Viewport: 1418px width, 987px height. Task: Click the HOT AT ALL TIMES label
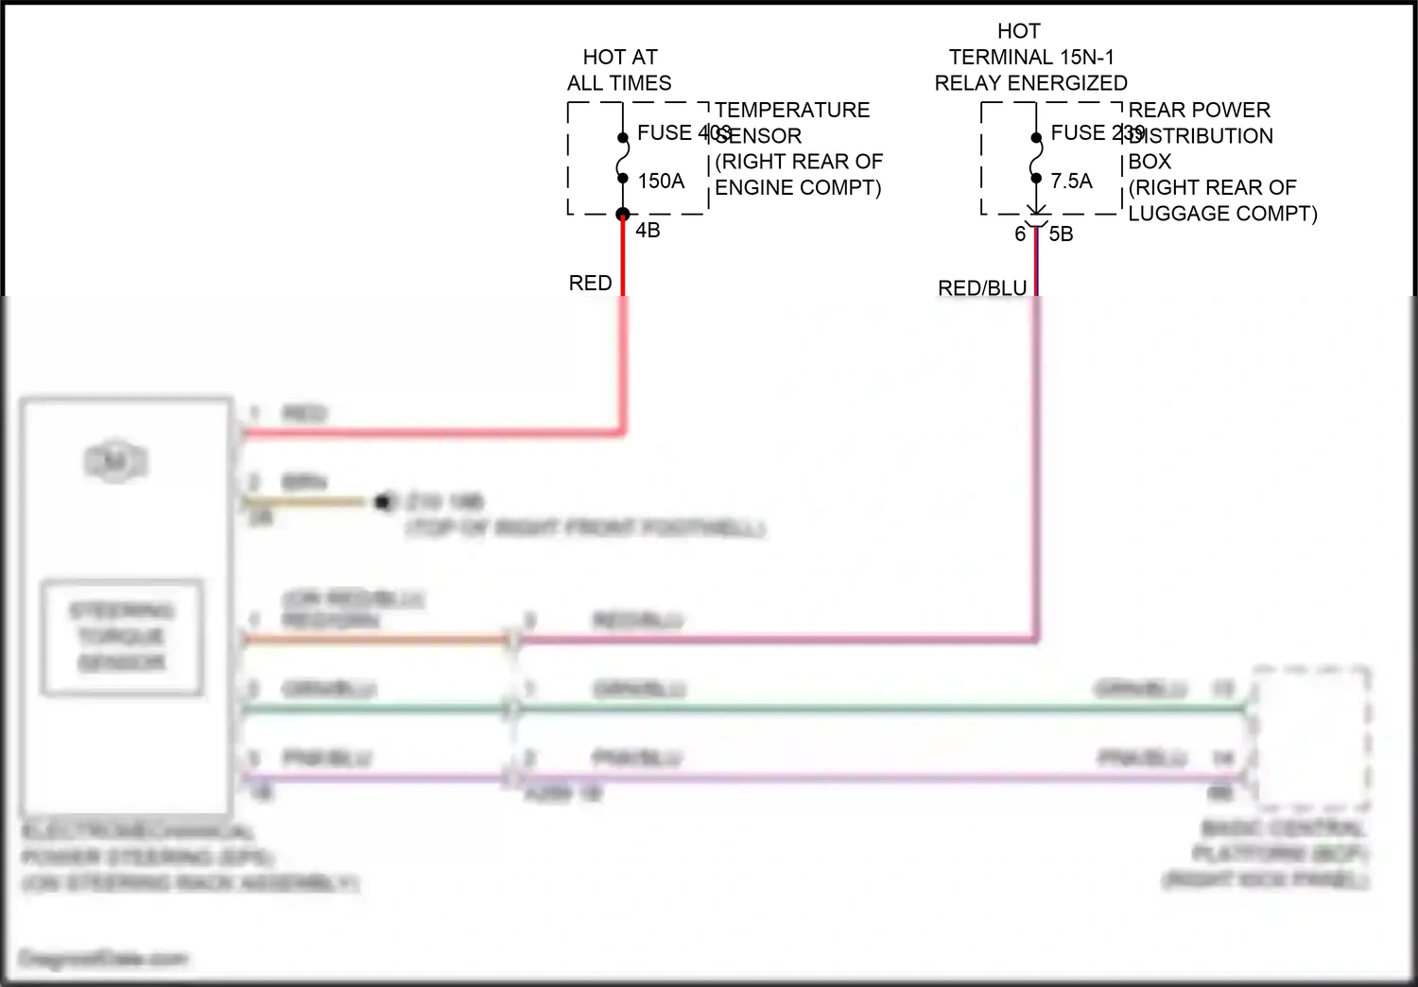tap(619, 70)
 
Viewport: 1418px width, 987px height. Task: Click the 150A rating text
tap(661, 181)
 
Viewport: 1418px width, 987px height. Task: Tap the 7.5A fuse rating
tap(1071, 181)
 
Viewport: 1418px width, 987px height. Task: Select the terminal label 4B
tap(648, 230)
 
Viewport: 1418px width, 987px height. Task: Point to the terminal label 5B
tap(1061, 234)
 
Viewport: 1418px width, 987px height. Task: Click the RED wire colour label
tap(590, 283)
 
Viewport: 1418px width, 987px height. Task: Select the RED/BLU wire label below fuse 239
tap(981, 287)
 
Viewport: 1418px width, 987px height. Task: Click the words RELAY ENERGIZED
tap(1030, 83)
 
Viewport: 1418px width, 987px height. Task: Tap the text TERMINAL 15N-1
tap(1030, 57)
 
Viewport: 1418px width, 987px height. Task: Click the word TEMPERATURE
tap(792, 110)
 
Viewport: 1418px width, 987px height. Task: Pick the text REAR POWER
tap(1199, 110)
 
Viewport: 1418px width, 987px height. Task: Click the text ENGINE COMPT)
tap(798, 187)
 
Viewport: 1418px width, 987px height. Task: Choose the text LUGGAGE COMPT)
tap(1222, 214)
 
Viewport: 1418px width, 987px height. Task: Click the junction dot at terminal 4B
tap(623, 215)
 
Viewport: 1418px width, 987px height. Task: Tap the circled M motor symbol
tap(116, 462)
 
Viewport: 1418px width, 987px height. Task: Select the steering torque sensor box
tap(122, 637)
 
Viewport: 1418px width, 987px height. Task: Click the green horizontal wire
tap(851, 708)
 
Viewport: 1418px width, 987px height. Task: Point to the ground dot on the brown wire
tap(383, 503)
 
